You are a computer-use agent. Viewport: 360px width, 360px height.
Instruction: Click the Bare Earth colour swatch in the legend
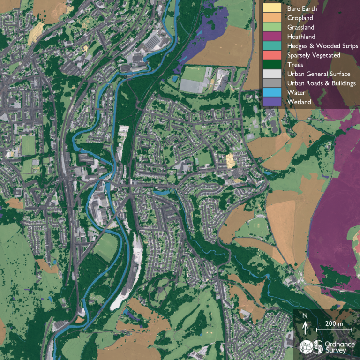click(272, 8)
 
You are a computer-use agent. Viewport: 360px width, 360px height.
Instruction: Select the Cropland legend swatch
click(272, 18)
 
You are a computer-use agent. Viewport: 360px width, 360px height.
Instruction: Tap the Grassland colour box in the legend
click(272, 27)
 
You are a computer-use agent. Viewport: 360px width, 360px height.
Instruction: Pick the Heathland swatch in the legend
click(272, 37)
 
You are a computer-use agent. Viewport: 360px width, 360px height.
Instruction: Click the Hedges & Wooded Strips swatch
click(272, 46)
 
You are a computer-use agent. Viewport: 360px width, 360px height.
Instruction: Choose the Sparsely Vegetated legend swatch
click(272, 55)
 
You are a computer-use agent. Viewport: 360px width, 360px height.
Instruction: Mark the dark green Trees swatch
click(272, 65)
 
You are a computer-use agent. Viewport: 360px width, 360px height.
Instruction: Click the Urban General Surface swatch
click(272, 74)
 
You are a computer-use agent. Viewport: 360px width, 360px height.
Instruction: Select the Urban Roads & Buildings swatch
click(272, 83)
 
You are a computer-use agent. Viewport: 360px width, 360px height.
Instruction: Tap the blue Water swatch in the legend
click(272, 93)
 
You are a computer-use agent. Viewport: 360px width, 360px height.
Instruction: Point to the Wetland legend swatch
click(272, 102)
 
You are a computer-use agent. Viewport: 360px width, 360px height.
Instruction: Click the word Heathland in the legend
click(301, 37)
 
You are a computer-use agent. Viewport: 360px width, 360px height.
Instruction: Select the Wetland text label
click(299, 102)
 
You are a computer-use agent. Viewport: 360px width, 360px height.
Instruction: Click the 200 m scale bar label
click(334, 324)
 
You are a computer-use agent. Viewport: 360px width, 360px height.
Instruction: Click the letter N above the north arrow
click(305, 316)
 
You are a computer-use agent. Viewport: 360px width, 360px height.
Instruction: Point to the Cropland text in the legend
click(300, 18)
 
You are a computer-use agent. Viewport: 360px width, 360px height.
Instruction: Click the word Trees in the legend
click(295, 65)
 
